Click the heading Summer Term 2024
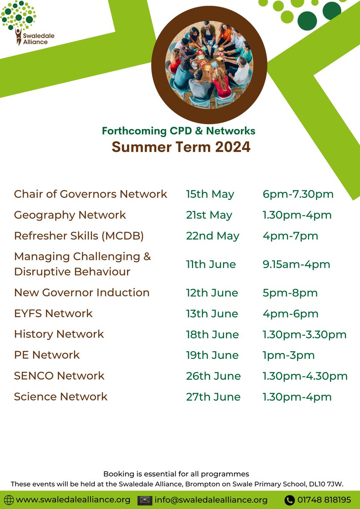[181, 147]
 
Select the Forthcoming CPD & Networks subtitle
[178, 131]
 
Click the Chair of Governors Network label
[90, 194]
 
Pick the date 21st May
[209, 215]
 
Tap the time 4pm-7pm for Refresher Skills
[290, 236]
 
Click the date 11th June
[211, 264]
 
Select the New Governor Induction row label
[82, 293]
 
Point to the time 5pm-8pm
[290, 293]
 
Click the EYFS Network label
[53, 313]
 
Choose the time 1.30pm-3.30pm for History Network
[304, 335]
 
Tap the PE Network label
[47, 355]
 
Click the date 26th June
[213, 376]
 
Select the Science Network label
[61, 397]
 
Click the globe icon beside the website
[8, 500]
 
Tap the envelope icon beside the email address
[145, 500]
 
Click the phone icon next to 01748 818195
[290, 500]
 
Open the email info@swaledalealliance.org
[211, 500]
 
